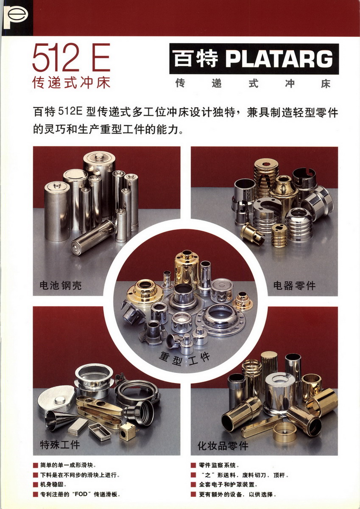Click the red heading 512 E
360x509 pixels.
(71, 57)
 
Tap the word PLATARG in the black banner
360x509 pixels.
(279, 59)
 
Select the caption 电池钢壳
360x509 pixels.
(60, 285)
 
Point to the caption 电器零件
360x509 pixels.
(294, 285)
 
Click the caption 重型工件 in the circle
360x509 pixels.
(184, 358)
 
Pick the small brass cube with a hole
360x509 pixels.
(128, 432)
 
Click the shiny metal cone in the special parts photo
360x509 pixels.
(60, 417)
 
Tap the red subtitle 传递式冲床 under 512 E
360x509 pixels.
(71, 82)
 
